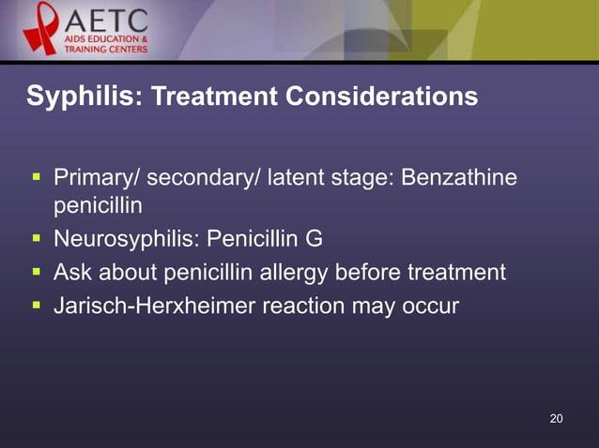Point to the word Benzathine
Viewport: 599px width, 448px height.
459,177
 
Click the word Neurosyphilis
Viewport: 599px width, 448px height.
119,239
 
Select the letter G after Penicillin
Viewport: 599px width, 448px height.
314,239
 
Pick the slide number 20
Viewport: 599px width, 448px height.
557,418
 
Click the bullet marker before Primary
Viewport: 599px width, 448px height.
36,176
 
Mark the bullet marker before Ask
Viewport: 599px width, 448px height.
36,271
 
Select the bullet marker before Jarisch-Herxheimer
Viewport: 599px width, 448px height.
36,304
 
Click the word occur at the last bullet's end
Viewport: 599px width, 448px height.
431,305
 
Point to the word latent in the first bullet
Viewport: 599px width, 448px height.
298,177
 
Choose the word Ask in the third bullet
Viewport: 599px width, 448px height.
72,272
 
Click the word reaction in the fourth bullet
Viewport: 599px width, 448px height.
296,305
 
